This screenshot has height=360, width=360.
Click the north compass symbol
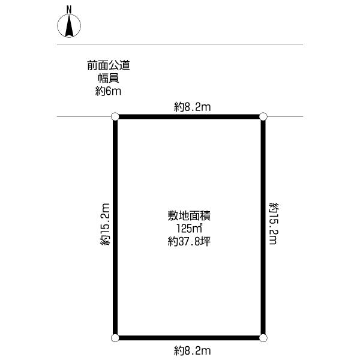69,26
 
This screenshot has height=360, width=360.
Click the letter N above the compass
69,9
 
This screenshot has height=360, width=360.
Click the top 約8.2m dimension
193,107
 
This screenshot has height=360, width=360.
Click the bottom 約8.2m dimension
193,350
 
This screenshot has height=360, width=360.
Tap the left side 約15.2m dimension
106,226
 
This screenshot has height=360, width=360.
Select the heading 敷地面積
188,215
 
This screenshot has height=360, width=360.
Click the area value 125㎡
188,229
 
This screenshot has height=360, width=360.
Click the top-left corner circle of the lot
115,116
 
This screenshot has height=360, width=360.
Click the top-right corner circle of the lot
263,116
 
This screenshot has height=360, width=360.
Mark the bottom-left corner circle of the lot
115,338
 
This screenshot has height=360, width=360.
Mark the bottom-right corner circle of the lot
263,338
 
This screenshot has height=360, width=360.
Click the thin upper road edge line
180,44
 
